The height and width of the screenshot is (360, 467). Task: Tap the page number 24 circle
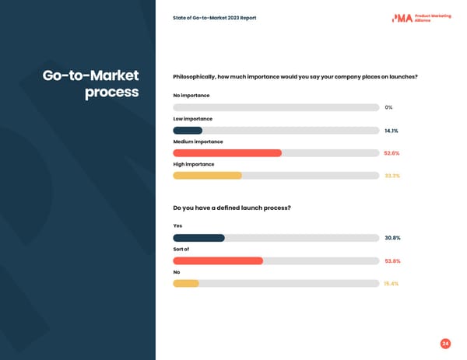pyautogui.click(x=445, y=344)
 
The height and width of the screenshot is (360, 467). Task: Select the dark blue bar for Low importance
pyautogui.click(x=188, y=131)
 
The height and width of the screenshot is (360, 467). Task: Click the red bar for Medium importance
pyautogui.click(x=227, y=153)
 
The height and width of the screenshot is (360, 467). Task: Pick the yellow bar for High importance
pyautogui.click(x=207, y=176)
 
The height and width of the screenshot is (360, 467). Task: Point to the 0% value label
pyautogui.click(x=388, y=107)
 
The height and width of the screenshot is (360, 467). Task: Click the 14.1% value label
pyautogui.click(x=392, y=131)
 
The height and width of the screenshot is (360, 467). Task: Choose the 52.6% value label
pyautogui.click(x=392, y=153)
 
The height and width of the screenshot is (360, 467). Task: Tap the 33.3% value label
pyautogui.click(x=392, y=176)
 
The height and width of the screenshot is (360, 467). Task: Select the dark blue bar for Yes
pyautogui.click(x=198, y=238)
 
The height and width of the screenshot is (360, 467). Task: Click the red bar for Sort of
pyautogui.click(x=218, y=261)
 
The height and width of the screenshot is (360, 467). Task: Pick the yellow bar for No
pyautogui.click(x=186, y=284)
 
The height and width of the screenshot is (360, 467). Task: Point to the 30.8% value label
pyautogui.click(x=392, y=238)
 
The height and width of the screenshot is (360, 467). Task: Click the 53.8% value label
pyautogui.click(x=392, y=261)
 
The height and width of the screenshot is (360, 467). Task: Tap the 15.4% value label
pyautogui.click(x=392, y=284)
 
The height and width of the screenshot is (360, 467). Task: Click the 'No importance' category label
pyautogui.click(x=191, y=96)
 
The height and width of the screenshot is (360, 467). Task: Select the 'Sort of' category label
pyautogui.click(x=181, y=250)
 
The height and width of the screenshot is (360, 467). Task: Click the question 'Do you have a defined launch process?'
pyautogui.click(x=231, y=208)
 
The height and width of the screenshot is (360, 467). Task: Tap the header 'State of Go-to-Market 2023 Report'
pyautogui.click(x=214, y=18)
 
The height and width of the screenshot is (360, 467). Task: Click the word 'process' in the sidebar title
pyautogui.click(x=111, y=93)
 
